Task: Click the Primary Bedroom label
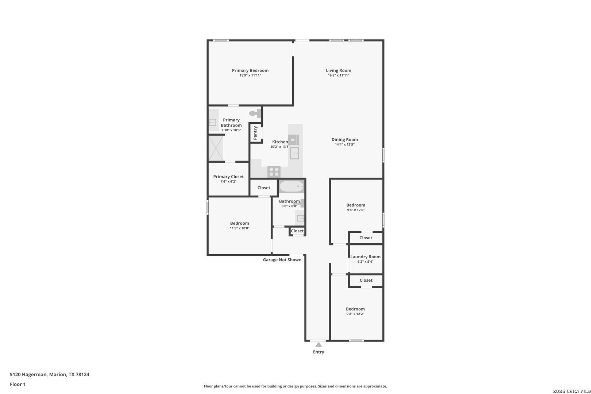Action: [x=250, y=70]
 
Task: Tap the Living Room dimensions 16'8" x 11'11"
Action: [x=339, y=76]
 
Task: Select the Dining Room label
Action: [x=345, y=140]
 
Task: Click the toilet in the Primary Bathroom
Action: [x=255, y=113]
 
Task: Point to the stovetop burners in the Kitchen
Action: [x=274, y=172]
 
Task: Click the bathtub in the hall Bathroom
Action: [x=291, y=186]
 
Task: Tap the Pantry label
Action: [x=255, y=133]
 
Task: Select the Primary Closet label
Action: [x=228, y=177]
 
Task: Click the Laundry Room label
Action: [x=366, y=257]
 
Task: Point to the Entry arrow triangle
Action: [x=318, y=345]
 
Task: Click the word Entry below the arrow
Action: [x=318, y=352]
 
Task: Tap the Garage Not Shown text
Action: [x=282, y=260]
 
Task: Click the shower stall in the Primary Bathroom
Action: [x=216, y=148]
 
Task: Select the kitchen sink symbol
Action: [x=294, y=153]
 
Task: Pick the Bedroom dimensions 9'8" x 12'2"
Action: [x=355, y=314]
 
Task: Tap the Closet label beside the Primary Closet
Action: [x=264, y=188]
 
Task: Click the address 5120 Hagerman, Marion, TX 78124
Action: [x=50, y=374]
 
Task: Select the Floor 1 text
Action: [x=18, y=385]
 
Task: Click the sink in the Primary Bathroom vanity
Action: [x=212, y=122]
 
